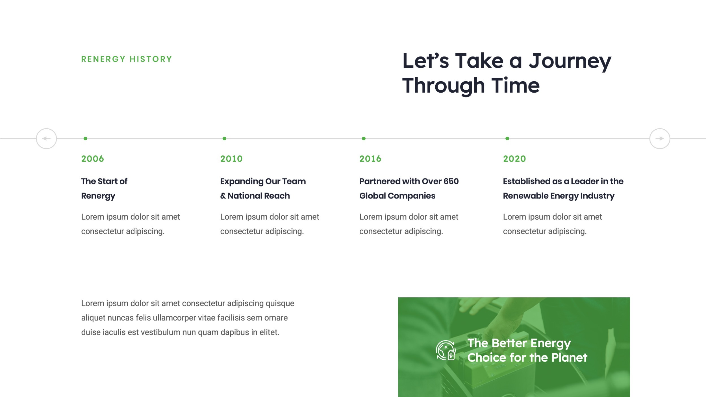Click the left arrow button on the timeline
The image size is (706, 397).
click(x=46, y=138)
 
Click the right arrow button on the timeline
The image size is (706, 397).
click(x=660, y=138)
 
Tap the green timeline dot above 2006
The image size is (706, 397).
click(x=85, y=138)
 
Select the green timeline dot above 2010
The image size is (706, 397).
click(x=224, y=138)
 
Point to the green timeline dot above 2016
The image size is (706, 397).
click(x=364, y=138)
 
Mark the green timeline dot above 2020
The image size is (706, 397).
click(x=507, y=138)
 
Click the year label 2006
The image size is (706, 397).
click(x=92, y=159)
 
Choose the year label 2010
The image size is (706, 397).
click(x=231, y=159)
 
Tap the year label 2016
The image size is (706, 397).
click(x=370, y=159)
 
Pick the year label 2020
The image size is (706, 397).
click(x=514, y=159)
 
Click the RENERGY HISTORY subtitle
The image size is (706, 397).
click(x=127, y=59)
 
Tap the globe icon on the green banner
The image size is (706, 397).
click(x=446, y=350)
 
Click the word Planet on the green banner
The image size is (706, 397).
click(x=569, y=357)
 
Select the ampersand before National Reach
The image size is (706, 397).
click(x=223, y=196)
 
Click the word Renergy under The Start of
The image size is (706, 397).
click(x=98, y=196)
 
